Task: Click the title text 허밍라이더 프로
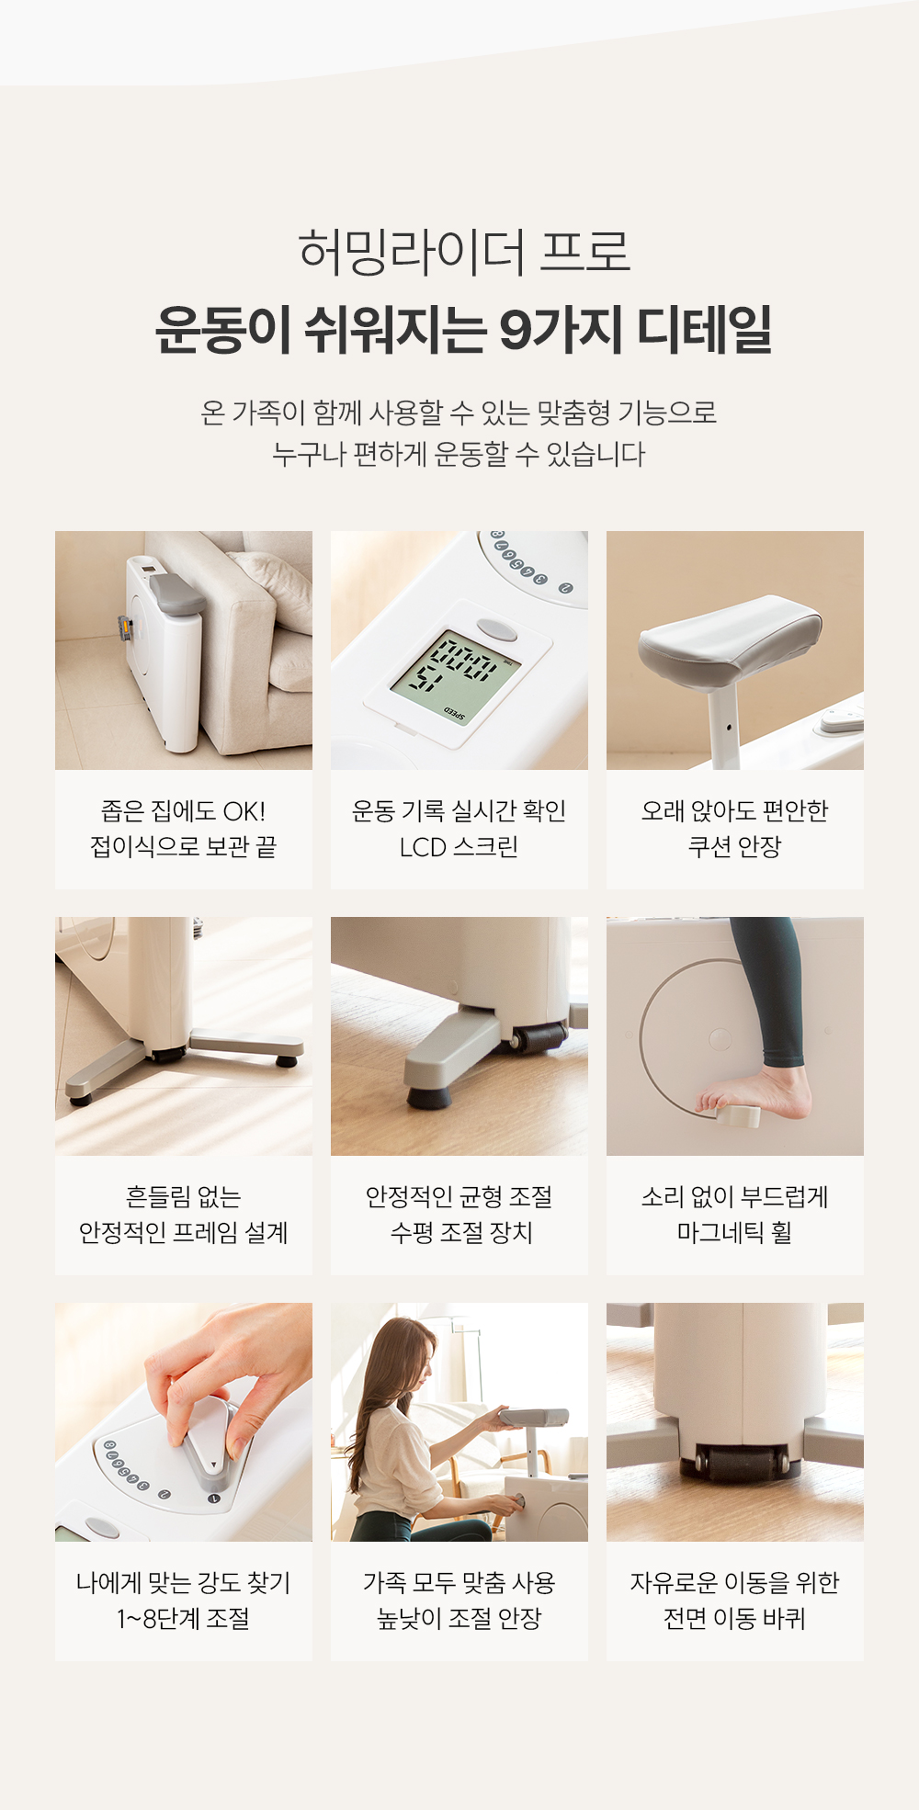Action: pos(464,251)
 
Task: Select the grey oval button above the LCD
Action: pos(496,629)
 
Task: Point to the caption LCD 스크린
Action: pos(459,846)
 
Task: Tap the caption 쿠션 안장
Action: pos(734,846)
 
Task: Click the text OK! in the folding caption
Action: pos(244,811)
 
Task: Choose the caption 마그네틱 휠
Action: pos(734,1232)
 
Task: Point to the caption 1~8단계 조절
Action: pos(183,1618)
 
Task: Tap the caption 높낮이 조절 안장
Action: pos(459,1618)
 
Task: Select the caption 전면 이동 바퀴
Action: pos(734,1618)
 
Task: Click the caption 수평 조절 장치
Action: pos(461,1232)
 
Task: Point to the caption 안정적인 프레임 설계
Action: pos(183,1232)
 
